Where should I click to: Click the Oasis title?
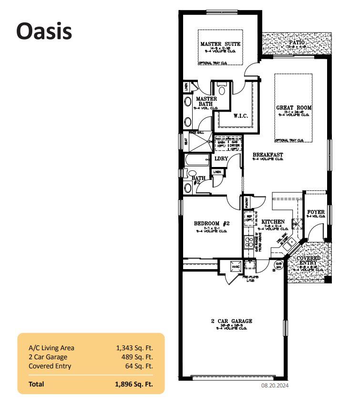coord(44,31)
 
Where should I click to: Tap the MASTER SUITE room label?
coord(220,44)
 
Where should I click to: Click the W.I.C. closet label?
coord(240,115)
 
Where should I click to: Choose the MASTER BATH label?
coord(206,101)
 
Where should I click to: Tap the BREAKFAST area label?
coord(267,155)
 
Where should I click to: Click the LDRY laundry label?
coord(221,158)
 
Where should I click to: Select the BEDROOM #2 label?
coord(212,223)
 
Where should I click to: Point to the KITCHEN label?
coord(273,222)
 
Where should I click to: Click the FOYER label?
coord(316,212)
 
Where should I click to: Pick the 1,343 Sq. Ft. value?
coord(134,348)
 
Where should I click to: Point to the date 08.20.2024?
coord(274,385)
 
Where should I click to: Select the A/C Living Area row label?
coord(51,348)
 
